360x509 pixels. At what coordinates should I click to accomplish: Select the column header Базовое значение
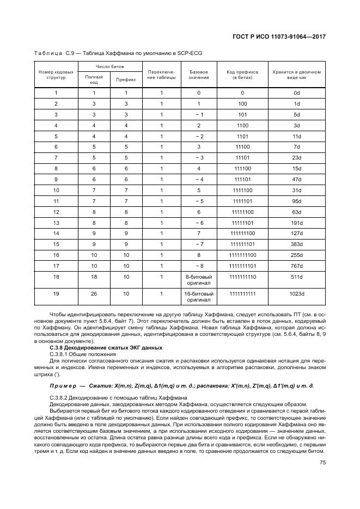point(199,75)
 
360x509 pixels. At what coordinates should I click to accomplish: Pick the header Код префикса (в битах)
point(243,75)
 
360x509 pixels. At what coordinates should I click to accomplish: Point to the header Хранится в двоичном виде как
point(297,75)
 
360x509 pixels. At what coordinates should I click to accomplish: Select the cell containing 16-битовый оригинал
point(199,297)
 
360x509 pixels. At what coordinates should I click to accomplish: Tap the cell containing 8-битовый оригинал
point(199,280)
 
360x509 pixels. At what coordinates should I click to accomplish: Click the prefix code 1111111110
point(243,277)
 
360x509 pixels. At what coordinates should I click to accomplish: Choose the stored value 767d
point(297,266)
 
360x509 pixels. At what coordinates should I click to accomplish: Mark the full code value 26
point(94,294)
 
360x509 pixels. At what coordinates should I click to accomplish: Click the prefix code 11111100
point(243,211)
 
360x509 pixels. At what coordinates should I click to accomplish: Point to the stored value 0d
point(297,93)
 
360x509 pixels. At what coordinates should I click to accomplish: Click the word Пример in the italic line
point(61,385)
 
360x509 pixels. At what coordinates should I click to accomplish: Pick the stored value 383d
point(297,244)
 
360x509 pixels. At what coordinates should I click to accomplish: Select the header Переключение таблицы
point(162,75)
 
